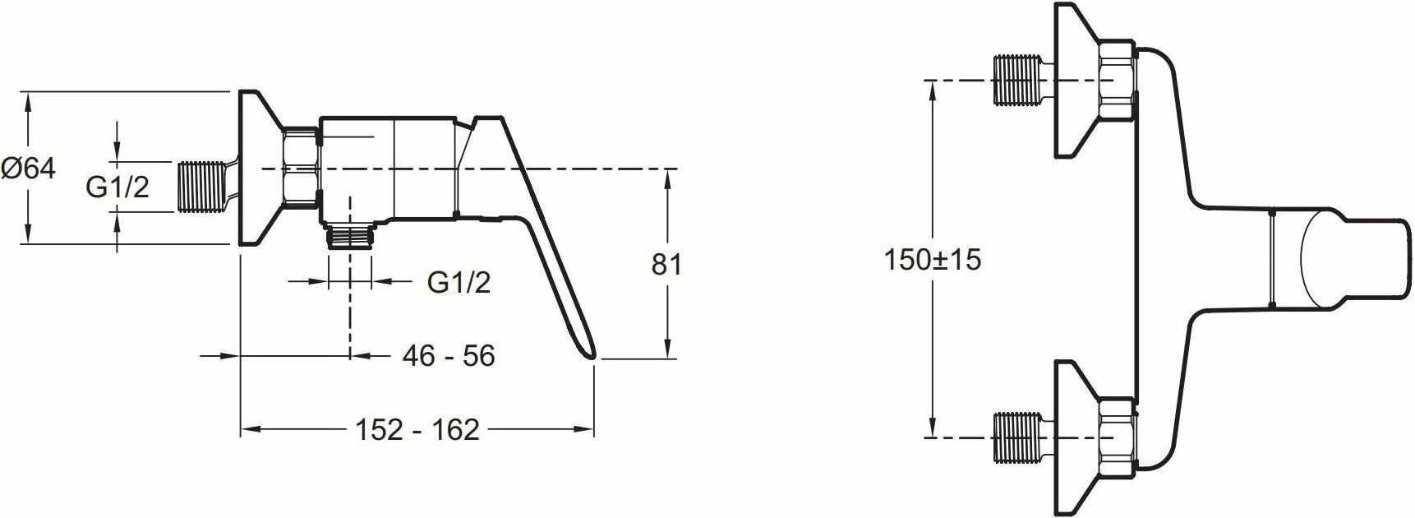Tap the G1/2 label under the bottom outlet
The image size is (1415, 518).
(459, 282)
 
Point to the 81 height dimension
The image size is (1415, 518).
(666, 264)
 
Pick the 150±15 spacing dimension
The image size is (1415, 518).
(933, 259)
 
